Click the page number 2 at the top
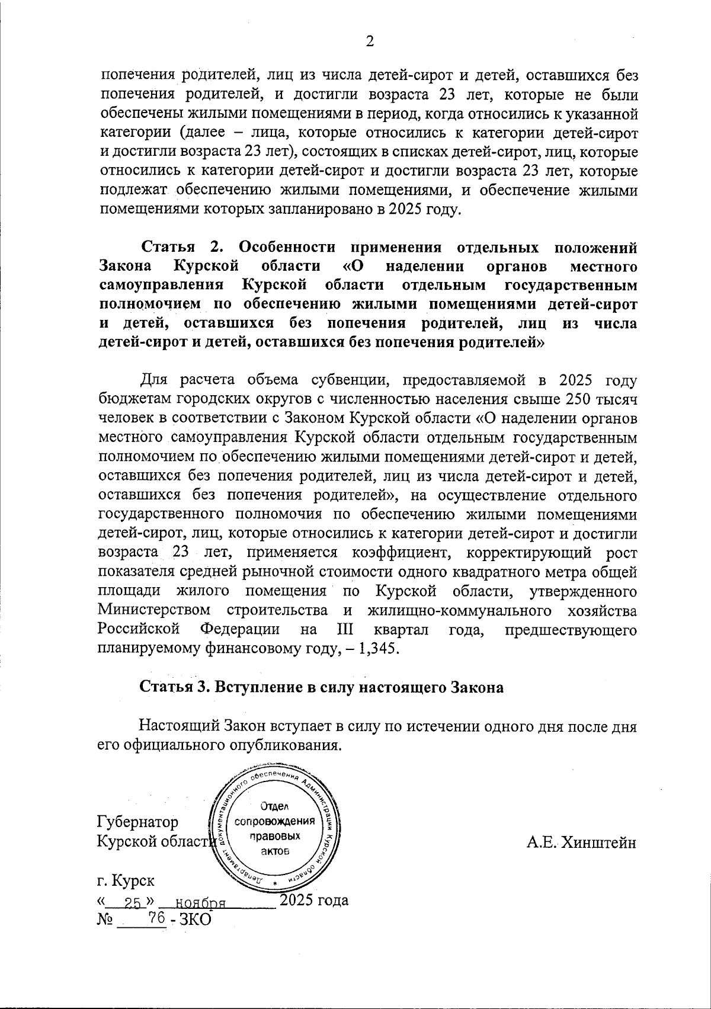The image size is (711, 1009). (x=370, y=41)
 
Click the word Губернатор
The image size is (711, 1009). (x=137, y=822)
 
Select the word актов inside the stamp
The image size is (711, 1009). (x=275, y=852)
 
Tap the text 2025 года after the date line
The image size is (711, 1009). (x=313, y=901)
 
